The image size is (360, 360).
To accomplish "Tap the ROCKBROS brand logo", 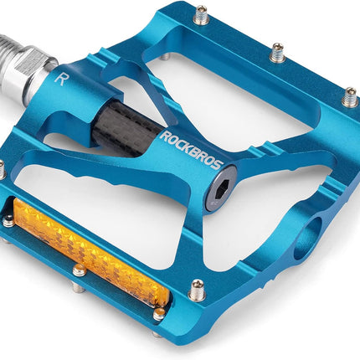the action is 193,150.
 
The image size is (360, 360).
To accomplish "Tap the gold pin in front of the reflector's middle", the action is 80,270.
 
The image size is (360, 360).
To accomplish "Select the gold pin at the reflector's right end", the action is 159,314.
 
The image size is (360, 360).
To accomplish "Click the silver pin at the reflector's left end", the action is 8,222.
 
